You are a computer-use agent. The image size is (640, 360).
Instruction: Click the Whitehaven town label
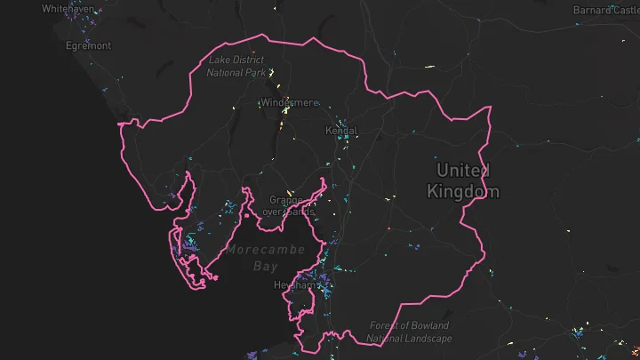point(67,8)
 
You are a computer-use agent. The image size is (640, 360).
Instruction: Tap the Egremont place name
point(89,45)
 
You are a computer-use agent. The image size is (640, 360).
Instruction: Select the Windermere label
point(289,103)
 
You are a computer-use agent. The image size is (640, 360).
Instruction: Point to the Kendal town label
point(341,131)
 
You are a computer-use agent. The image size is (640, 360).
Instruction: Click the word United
point(462,171)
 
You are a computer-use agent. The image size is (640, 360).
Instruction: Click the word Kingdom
point(462,191)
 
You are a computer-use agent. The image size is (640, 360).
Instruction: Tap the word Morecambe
point(265,250)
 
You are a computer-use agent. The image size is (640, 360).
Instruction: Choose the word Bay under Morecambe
point(265,266)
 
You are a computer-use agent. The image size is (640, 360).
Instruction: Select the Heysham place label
point(295,285)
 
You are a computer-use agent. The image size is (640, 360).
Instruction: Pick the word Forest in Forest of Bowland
point(388,326)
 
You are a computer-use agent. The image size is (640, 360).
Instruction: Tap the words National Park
point(236,72)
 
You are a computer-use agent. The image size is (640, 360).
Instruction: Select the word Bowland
point(430,326)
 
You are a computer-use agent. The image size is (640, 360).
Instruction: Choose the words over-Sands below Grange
point(287,212)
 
